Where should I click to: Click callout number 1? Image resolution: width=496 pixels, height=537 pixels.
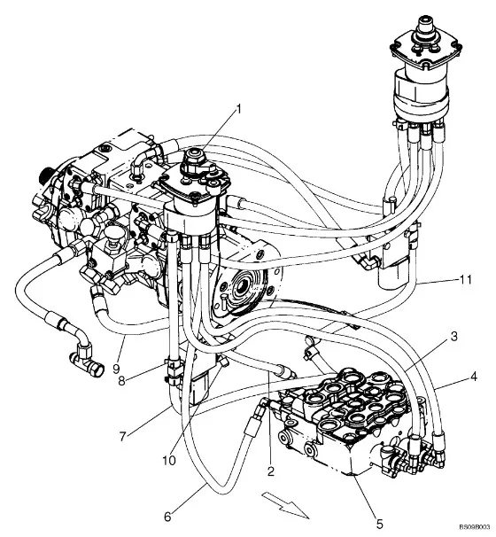point(239,109)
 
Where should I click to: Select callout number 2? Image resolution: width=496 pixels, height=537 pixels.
point(271,471)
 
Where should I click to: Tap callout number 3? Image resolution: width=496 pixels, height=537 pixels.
point(453,337)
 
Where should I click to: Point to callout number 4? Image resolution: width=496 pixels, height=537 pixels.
point(473,377)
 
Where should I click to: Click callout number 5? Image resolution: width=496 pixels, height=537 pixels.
point(379,524)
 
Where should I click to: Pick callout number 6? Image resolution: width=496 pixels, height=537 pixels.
point(167,517)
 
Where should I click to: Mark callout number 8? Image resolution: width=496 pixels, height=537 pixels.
point(122,381)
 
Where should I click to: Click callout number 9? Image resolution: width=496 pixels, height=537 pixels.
point(116,369)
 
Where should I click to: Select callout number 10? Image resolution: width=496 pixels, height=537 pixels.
point(169,461)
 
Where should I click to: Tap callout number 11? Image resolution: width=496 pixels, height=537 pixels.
point(465,280)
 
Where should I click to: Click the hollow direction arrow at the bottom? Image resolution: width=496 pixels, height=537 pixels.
point(285,504)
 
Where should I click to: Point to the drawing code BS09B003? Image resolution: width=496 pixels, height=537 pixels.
point(476,526)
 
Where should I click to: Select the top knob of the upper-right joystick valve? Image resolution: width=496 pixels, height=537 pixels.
point(425,25)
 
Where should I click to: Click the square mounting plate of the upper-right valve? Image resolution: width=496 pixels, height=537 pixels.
point(425,51)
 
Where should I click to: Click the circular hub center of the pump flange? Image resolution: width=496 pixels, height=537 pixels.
point(244,284)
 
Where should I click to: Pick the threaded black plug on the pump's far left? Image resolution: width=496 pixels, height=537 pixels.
point(45,176)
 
